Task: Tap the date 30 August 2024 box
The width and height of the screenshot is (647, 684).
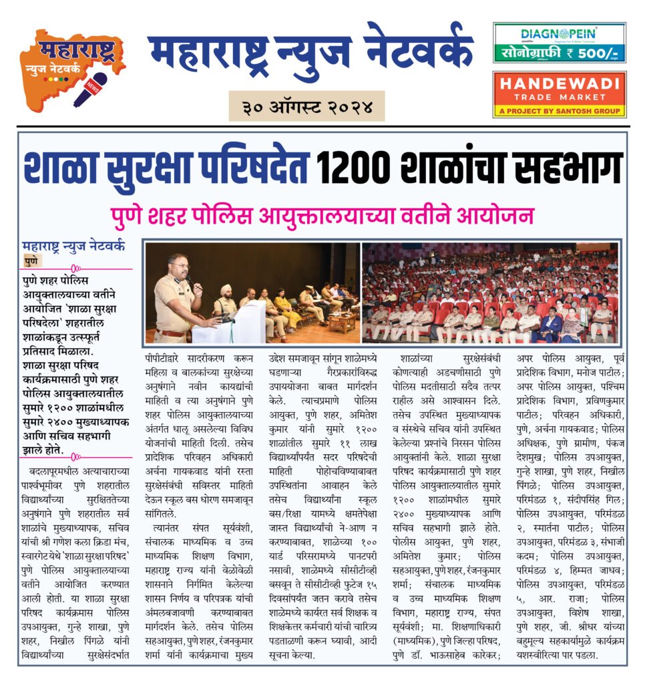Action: pyautogui.click(x=306, y=106)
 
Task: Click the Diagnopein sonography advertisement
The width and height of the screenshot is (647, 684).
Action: pyautogui.click(x=559, y=43)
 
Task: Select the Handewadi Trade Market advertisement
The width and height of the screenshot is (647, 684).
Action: pyautogui.click(x=559, y=94)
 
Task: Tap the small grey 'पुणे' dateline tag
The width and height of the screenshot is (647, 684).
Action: pyautogui.click(x=31, y=260)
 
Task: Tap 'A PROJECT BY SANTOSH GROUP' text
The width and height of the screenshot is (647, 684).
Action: pyautogui.click(x=559, y=110)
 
